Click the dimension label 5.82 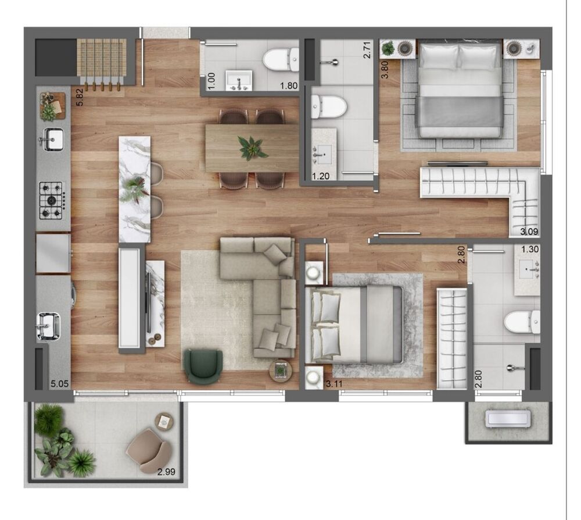(80, 96)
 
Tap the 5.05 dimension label (60, 384)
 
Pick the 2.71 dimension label (367, 51)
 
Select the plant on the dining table (252, 147)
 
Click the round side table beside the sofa (281, 369)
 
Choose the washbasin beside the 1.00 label (238, 80)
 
